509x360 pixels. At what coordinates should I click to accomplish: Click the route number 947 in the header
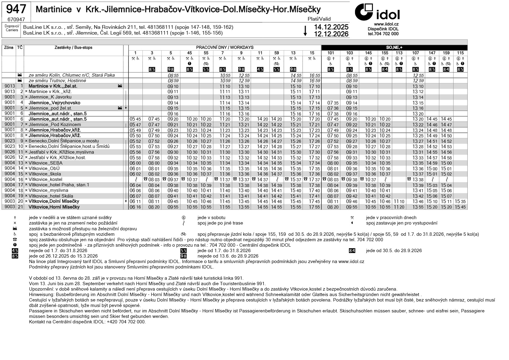coord(16,9)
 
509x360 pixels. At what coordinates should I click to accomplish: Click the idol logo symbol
coord(364,12)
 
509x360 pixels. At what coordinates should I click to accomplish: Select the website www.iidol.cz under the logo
coord(386,24)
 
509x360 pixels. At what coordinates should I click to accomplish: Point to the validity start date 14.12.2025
coord(331,27)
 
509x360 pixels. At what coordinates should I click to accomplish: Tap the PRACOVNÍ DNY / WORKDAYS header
coord(225,48)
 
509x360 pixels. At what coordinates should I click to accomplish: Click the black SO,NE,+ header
coord(394,48)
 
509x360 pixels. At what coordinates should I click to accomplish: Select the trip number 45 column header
coord(189,53)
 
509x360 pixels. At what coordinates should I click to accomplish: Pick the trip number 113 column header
coord(399,53)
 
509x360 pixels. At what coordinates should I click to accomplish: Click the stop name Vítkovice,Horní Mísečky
coord(54,207)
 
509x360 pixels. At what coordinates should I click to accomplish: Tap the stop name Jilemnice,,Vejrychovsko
coord(54,103)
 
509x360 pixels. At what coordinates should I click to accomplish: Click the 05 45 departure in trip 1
coord(135,119)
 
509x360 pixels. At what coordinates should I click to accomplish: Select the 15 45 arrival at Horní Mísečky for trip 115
coord(460,207)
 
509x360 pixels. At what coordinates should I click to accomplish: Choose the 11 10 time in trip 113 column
coord(399,202)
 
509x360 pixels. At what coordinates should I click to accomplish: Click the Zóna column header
coord(8,48)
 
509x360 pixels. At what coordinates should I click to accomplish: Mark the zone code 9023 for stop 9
coord(10,141)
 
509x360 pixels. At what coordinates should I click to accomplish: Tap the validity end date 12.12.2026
coord(331,34)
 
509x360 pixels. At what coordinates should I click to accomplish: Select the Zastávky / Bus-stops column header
coord(73,48)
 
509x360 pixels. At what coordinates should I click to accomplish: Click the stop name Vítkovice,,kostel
coord(45,179)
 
